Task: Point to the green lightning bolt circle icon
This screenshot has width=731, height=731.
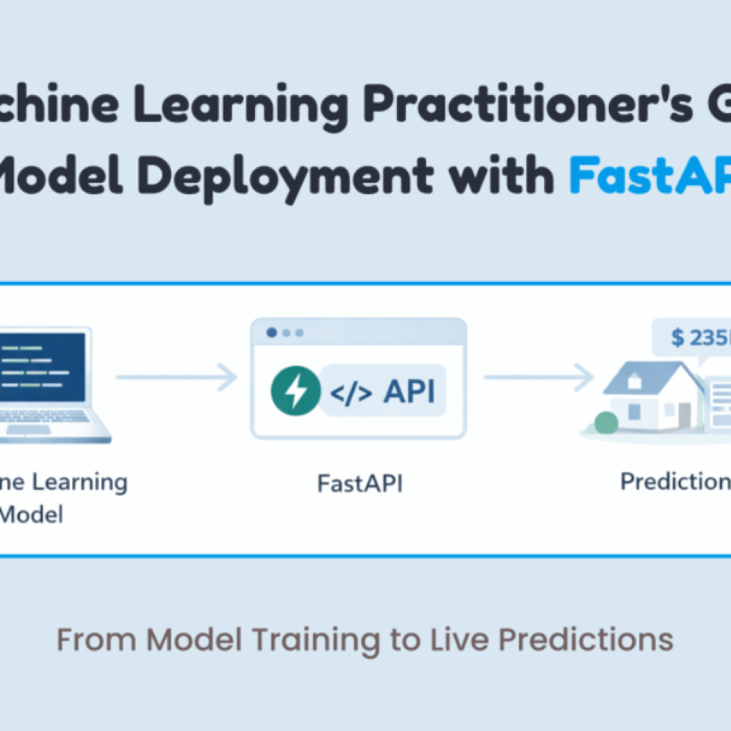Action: pyautogui.click(x=294, y=390)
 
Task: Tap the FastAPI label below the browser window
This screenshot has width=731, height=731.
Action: pyautogui.click(x=360, y=483)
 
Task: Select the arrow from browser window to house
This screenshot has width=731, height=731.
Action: pyautogui.click(x=538, y=376)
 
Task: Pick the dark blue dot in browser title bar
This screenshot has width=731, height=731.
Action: pyautogui.click(x=271, y=333)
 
